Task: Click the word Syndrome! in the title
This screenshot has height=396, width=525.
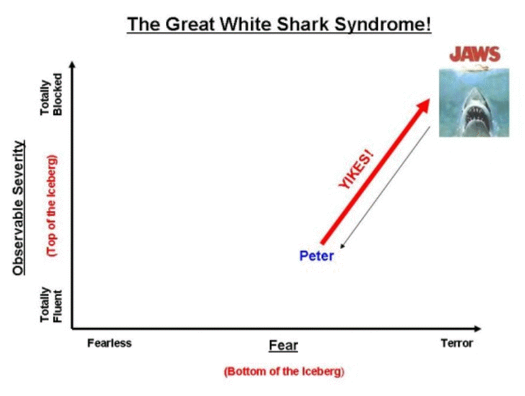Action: (382, 25)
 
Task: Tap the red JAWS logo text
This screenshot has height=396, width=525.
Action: (475, 54)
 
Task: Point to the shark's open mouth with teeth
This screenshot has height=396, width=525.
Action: (475, 115)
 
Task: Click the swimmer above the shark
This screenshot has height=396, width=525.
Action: (475, 69)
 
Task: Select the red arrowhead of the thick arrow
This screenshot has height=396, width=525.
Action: (422, 105)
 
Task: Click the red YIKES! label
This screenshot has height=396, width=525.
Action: (356, 169)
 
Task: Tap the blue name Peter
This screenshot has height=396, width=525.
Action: (316, 256)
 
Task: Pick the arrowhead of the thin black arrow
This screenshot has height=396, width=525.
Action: (343, 246)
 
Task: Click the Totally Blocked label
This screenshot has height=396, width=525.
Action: (51, 95)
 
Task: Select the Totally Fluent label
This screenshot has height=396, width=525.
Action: (51, 305)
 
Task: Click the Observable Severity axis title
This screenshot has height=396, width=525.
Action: (19, 208)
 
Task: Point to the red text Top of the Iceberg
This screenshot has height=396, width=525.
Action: (52, 206)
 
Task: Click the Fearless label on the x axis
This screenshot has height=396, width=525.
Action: (109, 343)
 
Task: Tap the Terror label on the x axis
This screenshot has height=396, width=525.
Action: (457, 343)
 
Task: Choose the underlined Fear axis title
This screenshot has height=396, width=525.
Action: (283, 346)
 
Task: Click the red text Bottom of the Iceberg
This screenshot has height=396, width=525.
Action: (284, 372)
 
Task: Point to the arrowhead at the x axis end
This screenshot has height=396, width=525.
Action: (478, 329)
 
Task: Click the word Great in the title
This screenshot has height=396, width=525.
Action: (190, 24)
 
